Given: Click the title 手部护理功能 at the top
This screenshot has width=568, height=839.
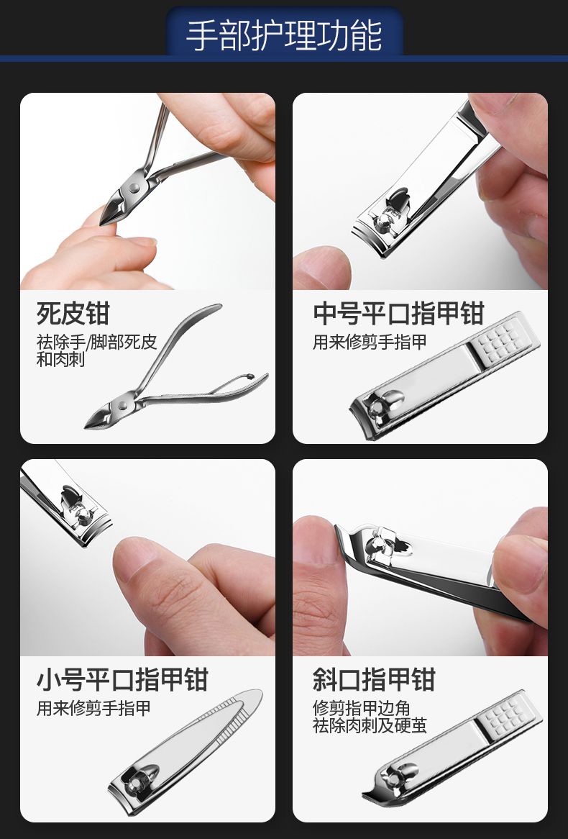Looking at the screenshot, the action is click(x=284, y=35).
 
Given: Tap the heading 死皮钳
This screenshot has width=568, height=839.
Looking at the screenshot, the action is click(x=73, y=313).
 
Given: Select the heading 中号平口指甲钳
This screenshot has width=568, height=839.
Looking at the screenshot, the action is click(x=398, y=313).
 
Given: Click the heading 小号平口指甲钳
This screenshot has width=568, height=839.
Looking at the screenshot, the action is click(x=122, y=679).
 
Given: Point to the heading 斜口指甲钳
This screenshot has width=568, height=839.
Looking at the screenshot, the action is click(x=374, y=679).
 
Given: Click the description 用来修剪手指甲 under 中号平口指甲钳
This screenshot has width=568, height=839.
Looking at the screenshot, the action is click(x=370, y=342).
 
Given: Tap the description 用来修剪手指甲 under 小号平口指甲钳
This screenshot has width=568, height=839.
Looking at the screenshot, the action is click(x=93, y=708).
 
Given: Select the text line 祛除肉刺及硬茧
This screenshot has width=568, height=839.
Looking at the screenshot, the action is click(x=370, y=725).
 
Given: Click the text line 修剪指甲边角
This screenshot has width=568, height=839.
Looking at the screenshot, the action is click(x=362, y=709).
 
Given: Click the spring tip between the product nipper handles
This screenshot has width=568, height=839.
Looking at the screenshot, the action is click(x=249, y=377).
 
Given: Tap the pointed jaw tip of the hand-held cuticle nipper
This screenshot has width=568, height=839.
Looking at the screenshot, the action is click(x=104, y=220).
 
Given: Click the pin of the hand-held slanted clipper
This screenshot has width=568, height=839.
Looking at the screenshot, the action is click(x=376, y=545).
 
